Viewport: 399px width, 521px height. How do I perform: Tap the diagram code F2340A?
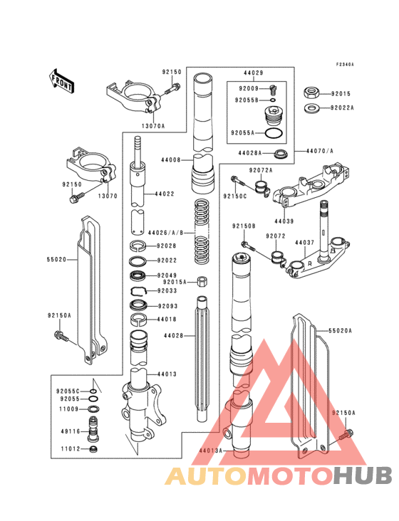[345, 64]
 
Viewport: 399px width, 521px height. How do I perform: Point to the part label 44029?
[253, 73]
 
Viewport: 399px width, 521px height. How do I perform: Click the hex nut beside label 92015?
[311, 93]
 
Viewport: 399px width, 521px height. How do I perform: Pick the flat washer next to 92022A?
[311, 108]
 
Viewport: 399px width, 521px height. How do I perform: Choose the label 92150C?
[234, 195]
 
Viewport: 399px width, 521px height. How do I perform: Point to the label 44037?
[304, 243]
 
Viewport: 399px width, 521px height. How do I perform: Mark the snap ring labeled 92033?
[140, 290]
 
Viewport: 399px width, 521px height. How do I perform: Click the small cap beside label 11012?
[93, 449]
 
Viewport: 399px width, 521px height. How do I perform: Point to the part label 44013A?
[211, 451]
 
